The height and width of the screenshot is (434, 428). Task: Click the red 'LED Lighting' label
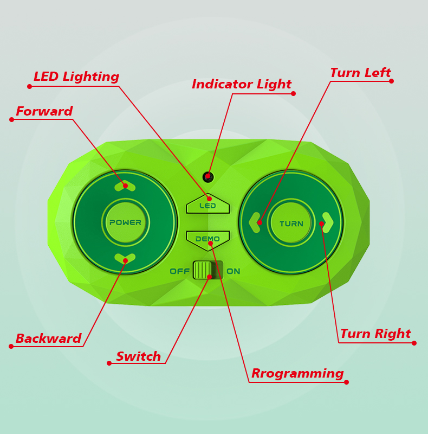tap(76, 77)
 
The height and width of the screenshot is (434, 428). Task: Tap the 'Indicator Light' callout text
tap(242, 85)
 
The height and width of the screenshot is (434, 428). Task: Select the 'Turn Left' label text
tap(360, 73)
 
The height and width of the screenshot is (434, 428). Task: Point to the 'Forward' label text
tap(44, 112)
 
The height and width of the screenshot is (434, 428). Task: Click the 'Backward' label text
tap(48, 339)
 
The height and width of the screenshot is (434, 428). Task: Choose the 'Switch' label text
tap(138, 357)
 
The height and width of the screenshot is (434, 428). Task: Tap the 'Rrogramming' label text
tap(297, 374)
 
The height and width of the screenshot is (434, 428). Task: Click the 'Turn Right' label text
tap(375, 334)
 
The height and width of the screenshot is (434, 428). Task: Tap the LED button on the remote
tap(208, 205)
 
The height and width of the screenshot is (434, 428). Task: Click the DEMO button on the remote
tap(208, 239)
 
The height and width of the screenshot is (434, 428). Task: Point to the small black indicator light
tap(208, 177)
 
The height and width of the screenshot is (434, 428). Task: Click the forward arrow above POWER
tap(125, 186)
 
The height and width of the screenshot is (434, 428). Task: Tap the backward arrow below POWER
tap(125, 259)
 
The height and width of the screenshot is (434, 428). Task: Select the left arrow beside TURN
tap(255, 222)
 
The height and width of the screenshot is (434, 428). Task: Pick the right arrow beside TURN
tap(327, 222)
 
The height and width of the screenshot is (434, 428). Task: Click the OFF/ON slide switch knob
tap(203, 270)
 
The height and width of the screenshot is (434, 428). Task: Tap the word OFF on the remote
tap(180, 271)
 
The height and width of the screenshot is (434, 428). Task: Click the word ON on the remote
tap(234, 271)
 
